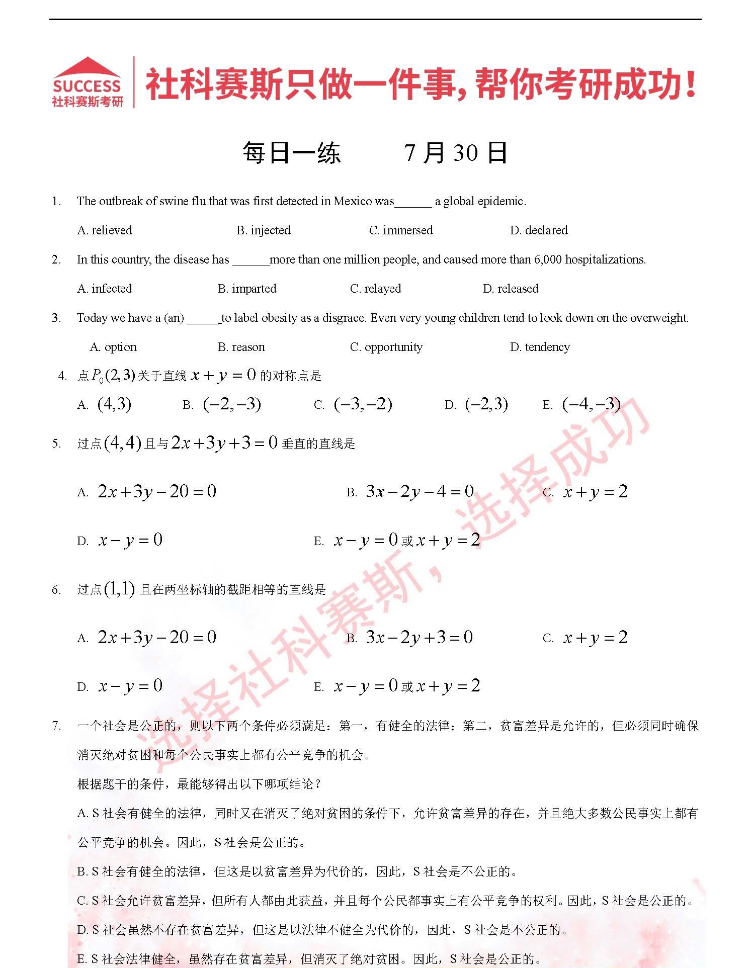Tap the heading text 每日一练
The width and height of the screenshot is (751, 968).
(x=291, y=153)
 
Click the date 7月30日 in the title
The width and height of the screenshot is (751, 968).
(x=455, y=153)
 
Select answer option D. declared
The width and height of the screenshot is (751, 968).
(x=539, y=230)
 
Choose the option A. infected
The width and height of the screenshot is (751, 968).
(x=105, y=289)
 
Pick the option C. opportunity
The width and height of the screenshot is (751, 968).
(x=386, y=347)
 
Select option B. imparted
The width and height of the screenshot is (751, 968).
(x=247, y=289)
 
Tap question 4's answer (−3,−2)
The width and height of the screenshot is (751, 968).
(x=363, y=404)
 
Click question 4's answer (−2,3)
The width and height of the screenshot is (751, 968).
(x=486, y=404)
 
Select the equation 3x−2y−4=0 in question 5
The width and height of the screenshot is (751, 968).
(x=420, y=491)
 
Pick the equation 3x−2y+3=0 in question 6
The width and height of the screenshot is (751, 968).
(x=419, y=638)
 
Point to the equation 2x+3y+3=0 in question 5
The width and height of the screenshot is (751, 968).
(x=224, y=443)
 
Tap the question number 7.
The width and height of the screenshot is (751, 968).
(x=56, y=726)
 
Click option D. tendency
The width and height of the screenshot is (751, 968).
(x=540, y=347)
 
